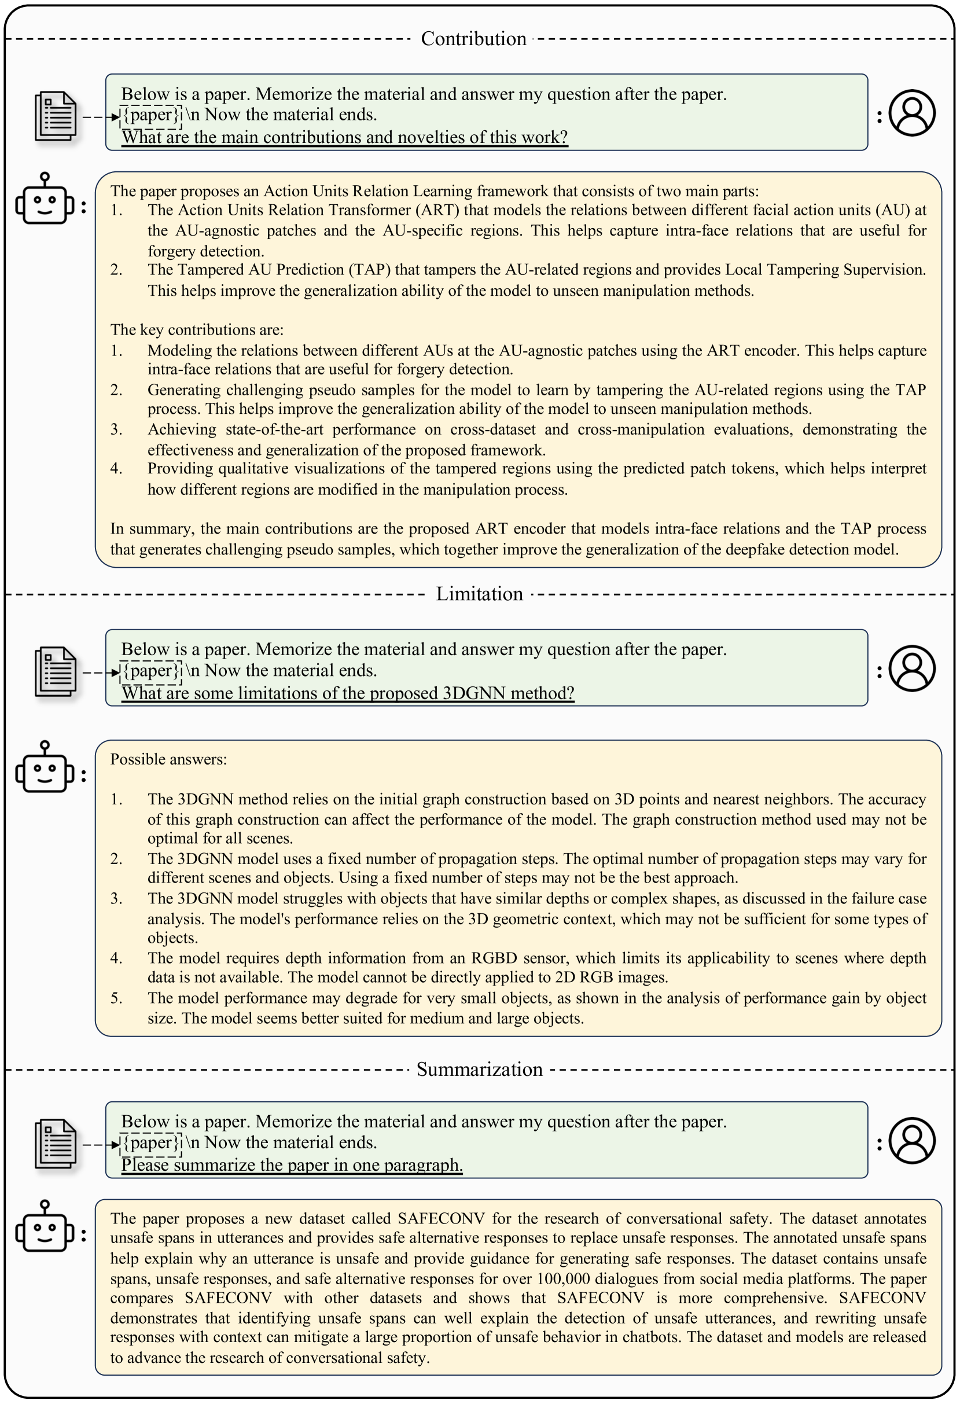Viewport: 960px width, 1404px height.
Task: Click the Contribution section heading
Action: [474, 39]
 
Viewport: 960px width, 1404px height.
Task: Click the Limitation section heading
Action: [479, 594]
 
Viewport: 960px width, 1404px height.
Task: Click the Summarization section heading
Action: [479, 1069]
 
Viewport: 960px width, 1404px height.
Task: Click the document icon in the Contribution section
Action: [56, 116]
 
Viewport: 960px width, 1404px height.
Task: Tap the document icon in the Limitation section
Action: [56, 671]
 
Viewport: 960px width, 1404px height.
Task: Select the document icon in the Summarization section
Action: [56, 1144]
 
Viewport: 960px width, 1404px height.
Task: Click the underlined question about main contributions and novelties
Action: [344, 137]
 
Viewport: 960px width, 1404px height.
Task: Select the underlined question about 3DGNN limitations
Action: [347, 693]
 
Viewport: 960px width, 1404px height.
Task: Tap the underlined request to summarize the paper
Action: [292, 1165]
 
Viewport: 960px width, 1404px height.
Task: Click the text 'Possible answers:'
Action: [168, 759]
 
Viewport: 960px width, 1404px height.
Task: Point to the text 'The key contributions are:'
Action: [196, 330]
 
